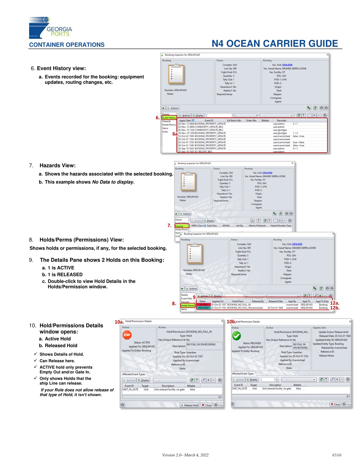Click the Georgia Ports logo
[x=50, y=28]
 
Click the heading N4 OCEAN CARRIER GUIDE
[x=275, y=44]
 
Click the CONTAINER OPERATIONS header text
[x=67, y=45]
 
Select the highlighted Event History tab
[x=169, y=118]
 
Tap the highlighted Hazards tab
[x=181, y=226]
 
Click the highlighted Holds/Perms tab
[x=188, y=306]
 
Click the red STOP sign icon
[x=127, y=335]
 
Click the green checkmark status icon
[x=236, y=336]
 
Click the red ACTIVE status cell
[x=204, y=305]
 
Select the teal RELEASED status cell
[x=204, y=308]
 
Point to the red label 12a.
[x=334, y=303]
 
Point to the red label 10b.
[x=231, y=322]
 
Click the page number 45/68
[x=336, y=455]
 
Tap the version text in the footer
[x=185, y=455]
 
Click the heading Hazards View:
[x=57, y=166]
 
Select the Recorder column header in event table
[x=281, y=120]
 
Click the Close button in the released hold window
[x=335, y=404]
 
